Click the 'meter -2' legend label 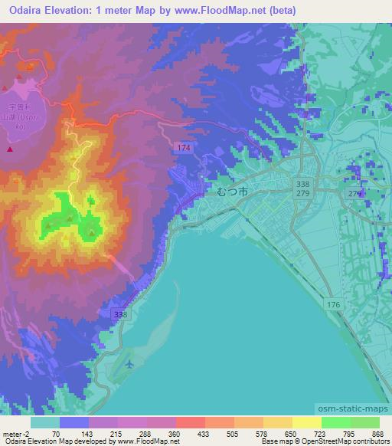(x=15, y=433)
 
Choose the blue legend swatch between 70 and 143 (x=73, y=422)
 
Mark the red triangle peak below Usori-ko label (x=10, y=149)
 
